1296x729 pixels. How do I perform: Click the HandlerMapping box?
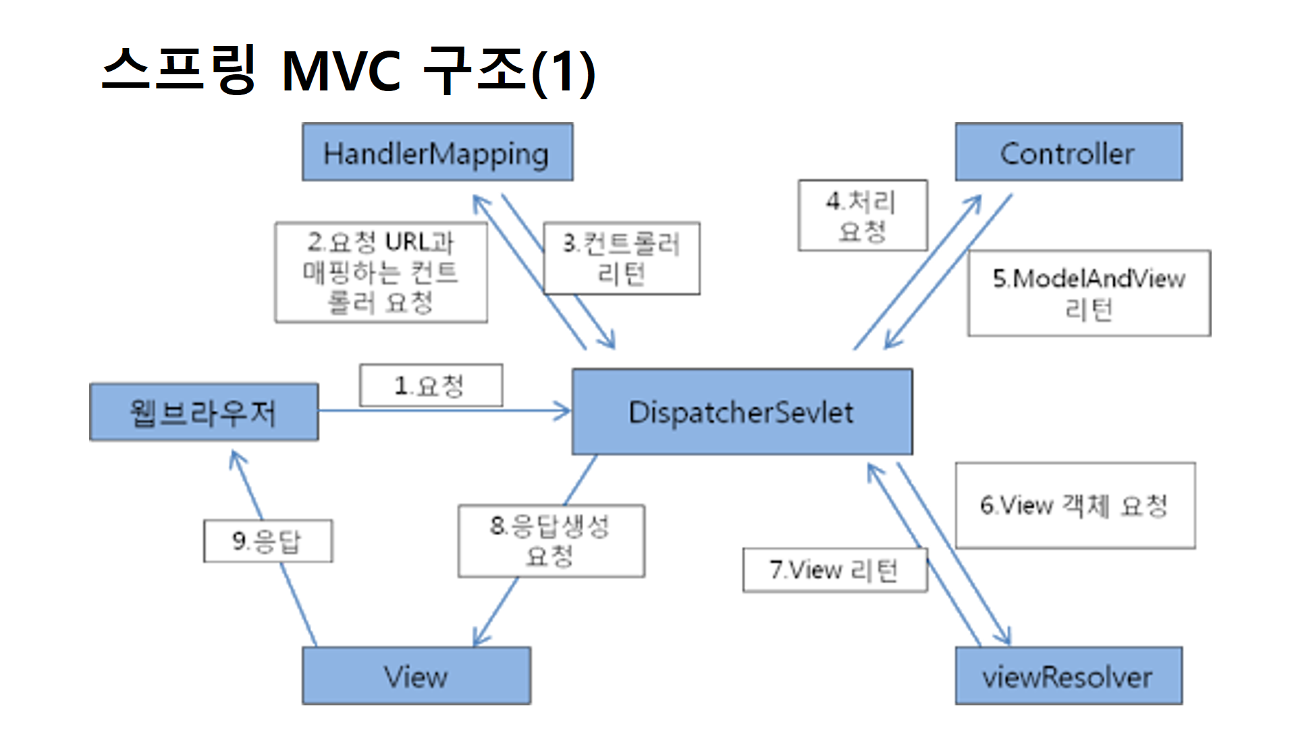(437, 153)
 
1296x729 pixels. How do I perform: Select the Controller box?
(1068, 153)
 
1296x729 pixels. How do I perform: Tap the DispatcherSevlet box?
(742, 412)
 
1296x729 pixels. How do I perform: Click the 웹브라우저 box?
(204, 412)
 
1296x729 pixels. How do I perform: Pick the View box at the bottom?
(416, 676)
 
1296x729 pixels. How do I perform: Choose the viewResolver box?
(1068, 676)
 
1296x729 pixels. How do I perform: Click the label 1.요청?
(431, 385)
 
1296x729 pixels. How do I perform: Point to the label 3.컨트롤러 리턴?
(622, 259)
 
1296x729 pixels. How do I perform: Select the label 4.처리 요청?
(862, 215)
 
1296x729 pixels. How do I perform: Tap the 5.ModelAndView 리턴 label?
(1088, 294)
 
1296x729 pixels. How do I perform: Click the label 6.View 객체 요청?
(1075, 505)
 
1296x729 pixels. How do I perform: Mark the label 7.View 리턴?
(834, 570)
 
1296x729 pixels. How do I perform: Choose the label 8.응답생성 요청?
(551, 541)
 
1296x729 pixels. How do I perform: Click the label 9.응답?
(267, 541)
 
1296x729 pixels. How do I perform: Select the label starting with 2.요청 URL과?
(381, 273)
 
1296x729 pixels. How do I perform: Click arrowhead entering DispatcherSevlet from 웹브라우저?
(564, 410)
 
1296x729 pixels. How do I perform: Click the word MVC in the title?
(341, 71)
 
